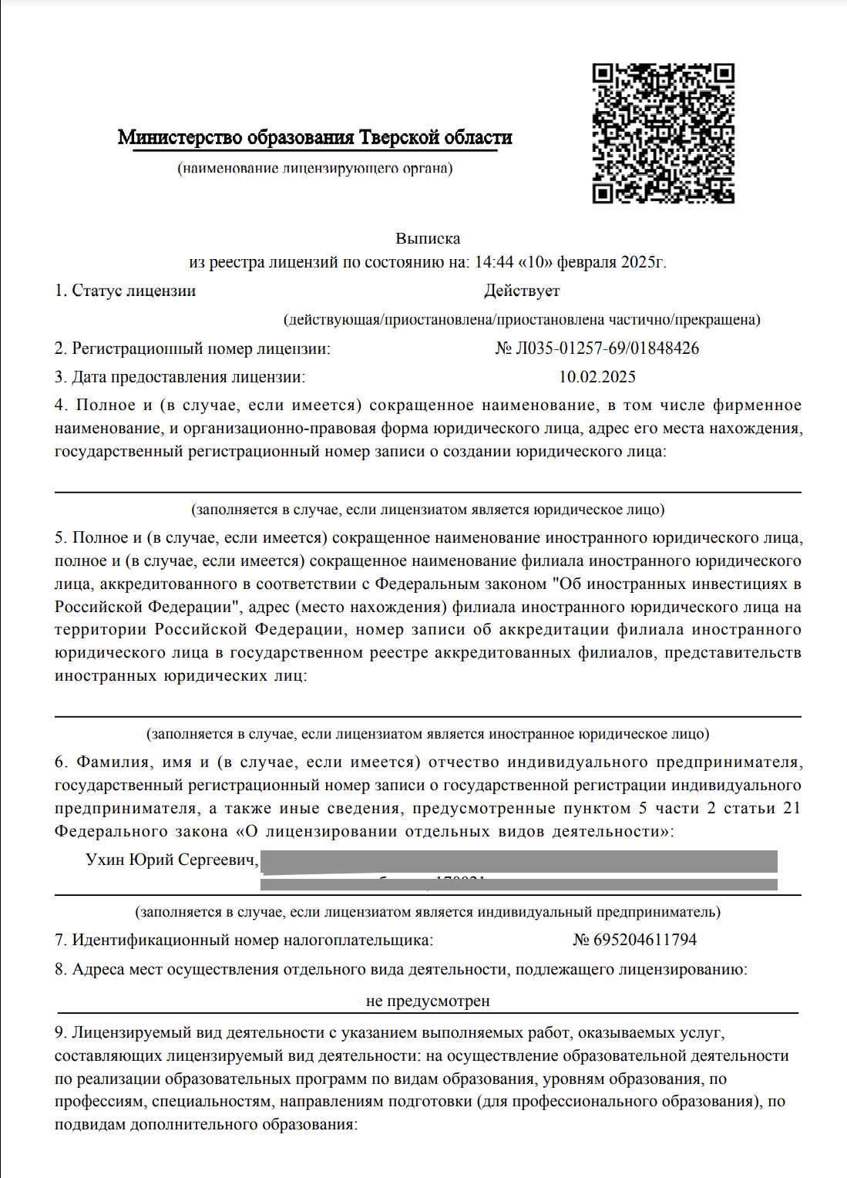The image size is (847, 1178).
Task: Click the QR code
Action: pos(663,133)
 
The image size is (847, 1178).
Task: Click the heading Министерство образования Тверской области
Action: pos(314,138)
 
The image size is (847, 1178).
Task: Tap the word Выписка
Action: pos(428,238)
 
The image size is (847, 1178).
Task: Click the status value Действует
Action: pos(522,291)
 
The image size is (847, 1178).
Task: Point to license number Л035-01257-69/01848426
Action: pos(607,348)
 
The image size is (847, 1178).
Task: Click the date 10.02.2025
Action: pos(597,377)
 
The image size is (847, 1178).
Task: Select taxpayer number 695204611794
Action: pos(645,940)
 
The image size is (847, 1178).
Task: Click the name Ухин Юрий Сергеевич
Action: pos(172,860)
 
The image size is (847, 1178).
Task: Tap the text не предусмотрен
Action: pos(428,1001)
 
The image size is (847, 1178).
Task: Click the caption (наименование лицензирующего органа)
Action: pos(314,168)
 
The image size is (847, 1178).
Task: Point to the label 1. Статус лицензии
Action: pos(125,291)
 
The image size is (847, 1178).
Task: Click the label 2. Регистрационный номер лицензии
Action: pos(192,348)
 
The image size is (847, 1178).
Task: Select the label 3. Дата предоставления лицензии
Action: pos(180,377)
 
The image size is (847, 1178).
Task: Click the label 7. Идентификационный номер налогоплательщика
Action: pos(244,940)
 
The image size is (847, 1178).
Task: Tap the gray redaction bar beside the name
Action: pos(518,862)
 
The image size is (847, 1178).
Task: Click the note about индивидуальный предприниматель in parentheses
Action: pos(428,912)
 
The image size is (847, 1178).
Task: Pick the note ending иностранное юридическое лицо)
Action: pos(428,734)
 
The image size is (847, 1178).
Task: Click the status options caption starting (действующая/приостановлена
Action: pos(522,319)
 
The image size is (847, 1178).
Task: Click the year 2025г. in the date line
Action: pos(643,262)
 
